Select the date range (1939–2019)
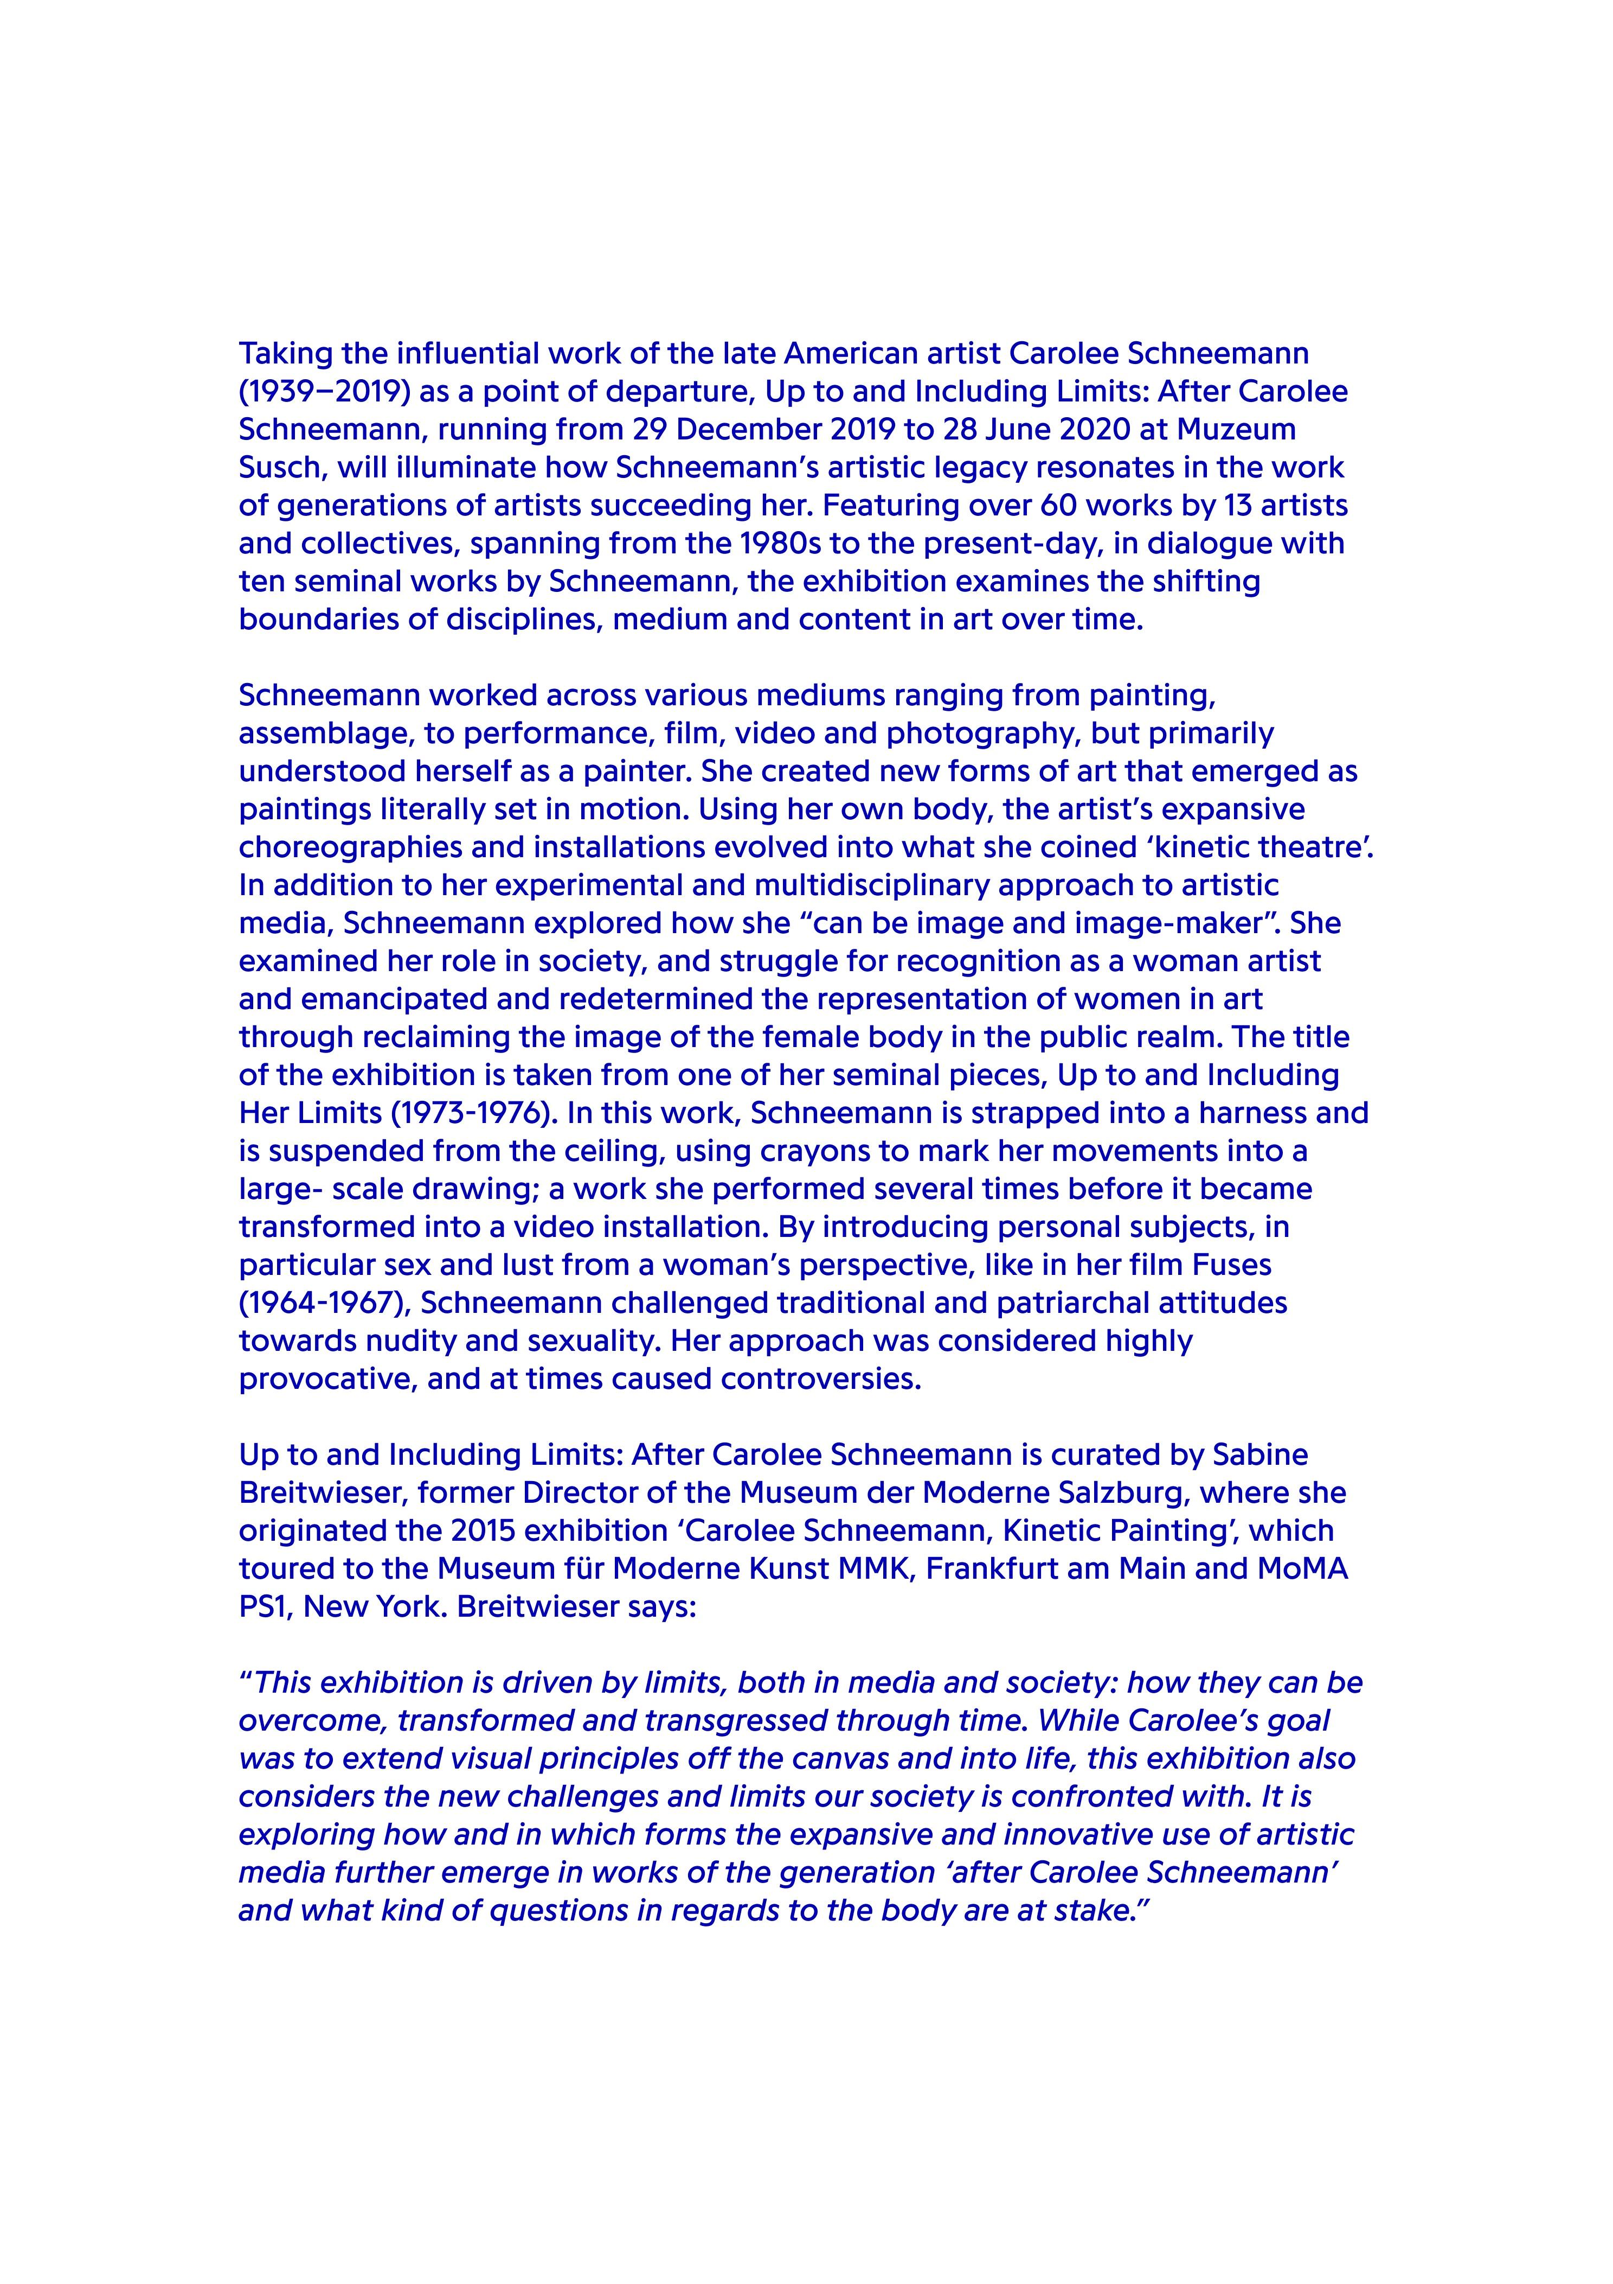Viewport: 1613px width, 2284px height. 325,392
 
